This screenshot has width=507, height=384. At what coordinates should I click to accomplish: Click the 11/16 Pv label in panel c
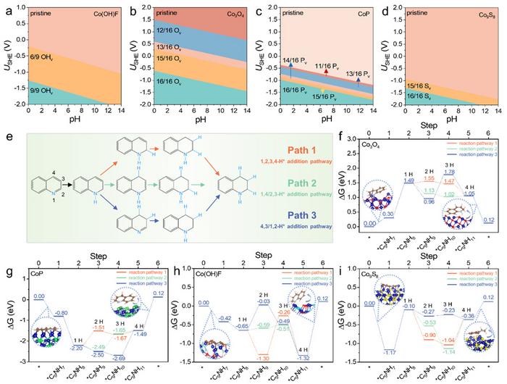click(x=330, y=64)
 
